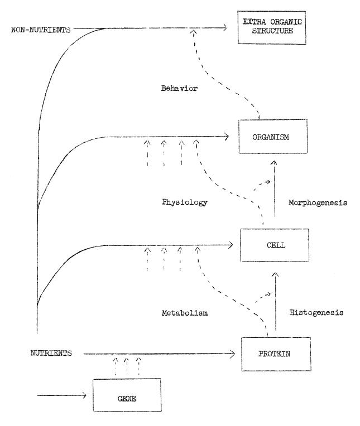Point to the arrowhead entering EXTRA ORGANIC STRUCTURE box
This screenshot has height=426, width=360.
click(x=224, y=27)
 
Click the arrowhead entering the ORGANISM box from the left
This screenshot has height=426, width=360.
click(x=228, y=135)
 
